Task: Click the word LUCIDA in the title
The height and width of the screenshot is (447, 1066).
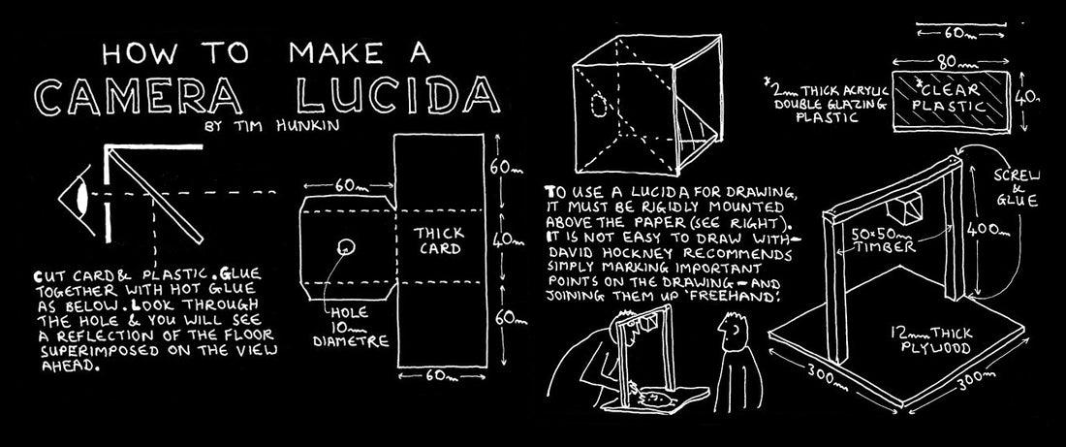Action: tap(399, 97)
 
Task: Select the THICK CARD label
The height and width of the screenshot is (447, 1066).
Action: tap(439, 240)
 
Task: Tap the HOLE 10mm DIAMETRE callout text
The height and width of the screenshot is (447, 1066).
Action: tap(351, 327)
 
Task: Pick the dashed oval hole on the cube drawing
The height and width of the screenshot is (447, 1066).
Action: tap(599, 106)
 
